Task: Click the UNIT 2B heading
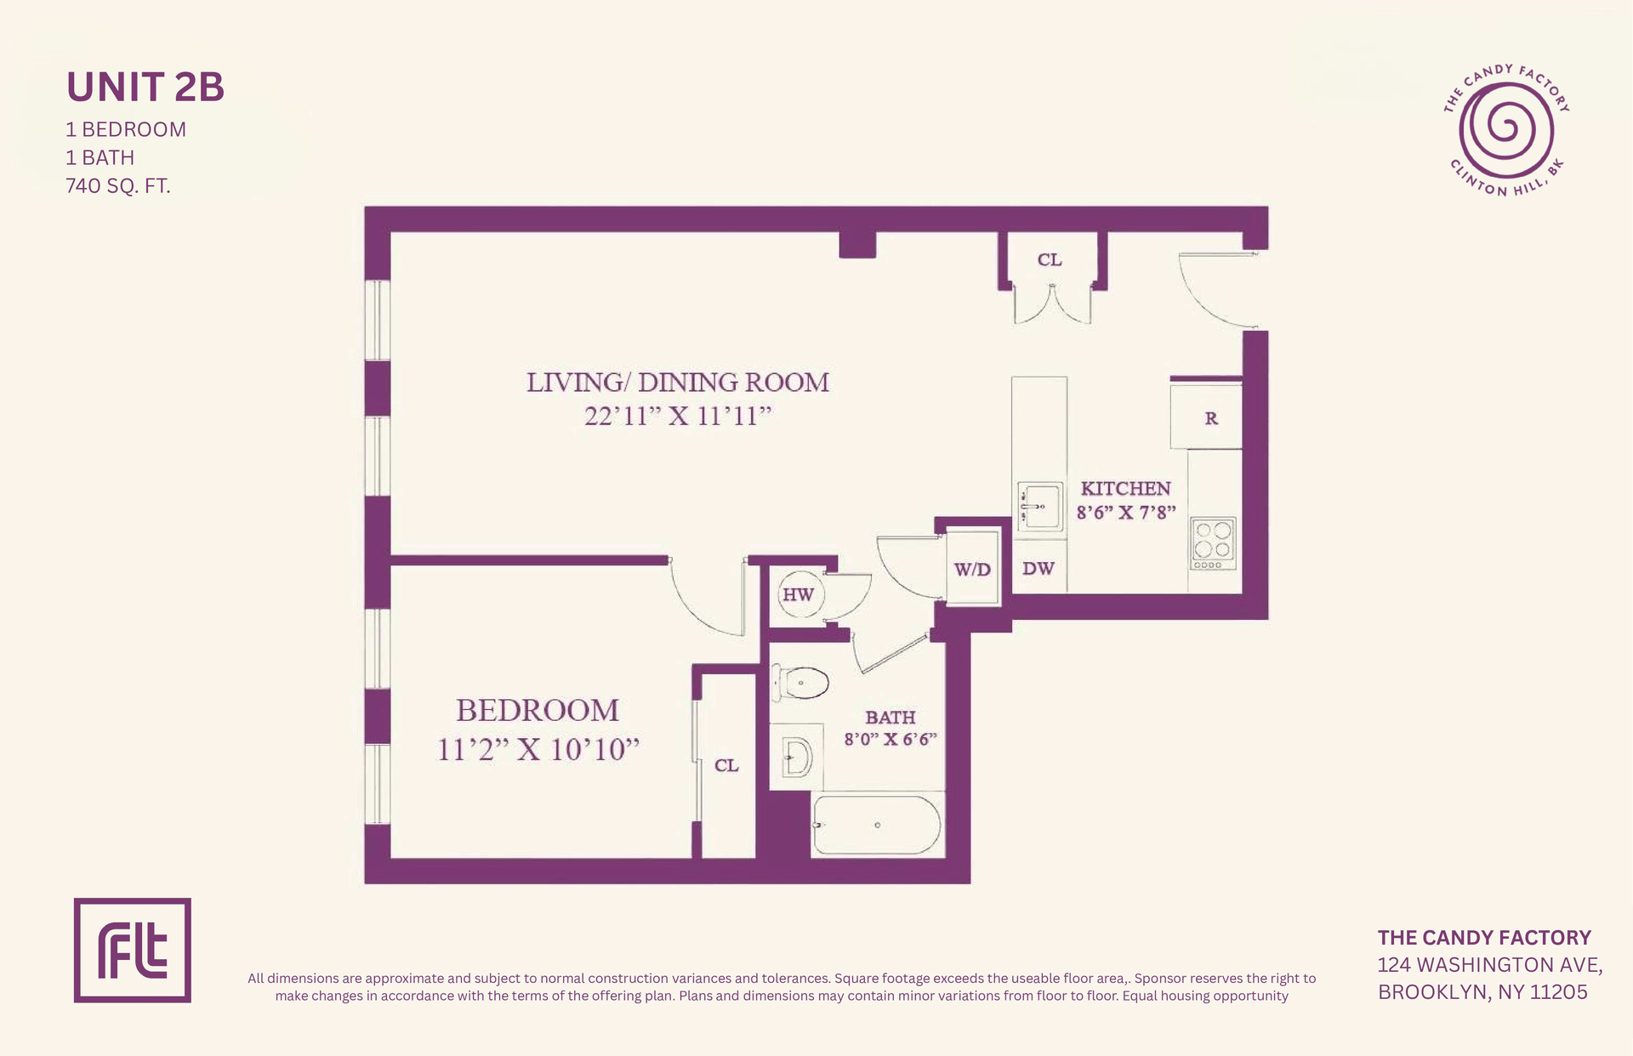(x=145, y=87)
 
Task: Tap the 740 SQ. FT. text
(x=118, y=185)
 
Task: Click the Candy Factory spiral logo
(x=1506, y=131)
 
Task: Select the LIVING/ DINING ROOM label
(x=678, y=383)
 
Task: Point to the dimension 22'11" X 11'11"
(x=678, y=416)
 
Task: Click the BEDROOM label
(x=538, y=710)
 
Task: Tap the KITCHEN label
(x=1125, y=488)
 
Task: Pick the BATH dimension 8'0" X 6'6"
(x=890, y=739)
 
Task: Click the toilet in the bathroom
(x=799, y=682)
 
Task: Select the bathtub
(x=877, y=825)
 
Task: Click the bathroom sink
(x=796, y=758)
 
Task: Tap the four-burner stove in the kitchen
(x=1213, y=543)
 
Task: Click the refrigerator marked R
(x=1206, y=417)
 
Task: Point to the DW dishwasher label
(x=1038, y=568)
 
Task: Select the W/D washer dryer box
(x=973, y=567)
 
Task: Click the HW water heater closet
(x=798, y=594)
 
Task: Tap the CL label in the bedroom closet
(x=726, y=765)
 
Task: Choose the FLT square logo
(x=133, y=950)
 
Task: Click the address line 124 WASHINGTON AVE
(x=1490, y=965)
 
